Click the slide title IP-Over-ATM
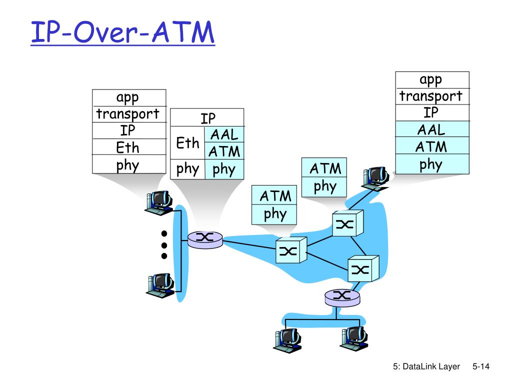click(123, 32)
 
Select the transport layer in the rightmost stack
click(432, 96)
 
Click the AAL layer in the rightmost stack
click(432, 129)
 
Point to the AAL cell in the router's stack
click(224, 134)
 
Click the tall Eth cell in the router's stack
click(188, 142)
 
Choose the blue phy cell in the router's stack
click(224, 169)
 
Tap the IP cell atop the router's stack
click(207, 117)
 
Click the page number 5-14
click(480, 366)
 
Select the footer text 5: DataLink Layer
click(426, 366)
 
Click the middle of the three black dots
click(164, 245)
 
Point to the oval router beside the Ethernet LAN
click(205, 239)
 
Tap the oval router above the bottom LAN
click(342, 297)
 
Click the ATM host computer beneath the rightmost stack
click(375, 178)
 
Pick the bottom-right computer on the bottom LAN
click(354, 339)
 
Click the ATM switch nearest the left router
click(291, 250)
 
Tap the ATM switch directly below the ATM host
click(348, 223)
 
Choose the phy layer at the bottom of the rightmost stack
click(432, 164)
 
